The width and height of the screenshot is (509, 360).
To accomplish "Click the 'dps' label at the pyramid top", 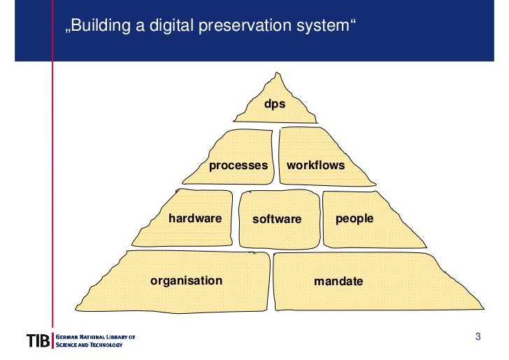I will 275,103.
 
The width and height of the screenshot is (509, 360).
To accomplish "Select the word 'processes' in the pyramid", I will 238,166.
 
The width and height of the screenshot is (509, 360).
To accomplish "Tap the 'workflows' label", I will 315,166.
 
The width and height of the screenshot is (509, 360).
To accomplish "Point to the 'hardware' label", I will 195,218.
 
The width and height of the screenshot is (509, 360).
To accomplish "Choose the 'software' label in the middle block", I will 277,219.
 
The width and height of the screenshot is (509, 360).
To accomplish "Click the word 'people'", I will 354,218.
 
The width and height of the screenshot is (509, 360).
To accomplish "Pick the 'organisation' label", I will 186,280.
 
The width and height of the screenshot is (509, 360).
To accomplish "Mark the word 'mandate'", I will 338,282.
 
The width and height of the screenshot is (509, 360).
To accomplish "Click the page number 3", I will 478,338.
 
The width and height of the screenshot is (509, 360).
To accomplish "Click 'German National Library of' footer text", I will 94,337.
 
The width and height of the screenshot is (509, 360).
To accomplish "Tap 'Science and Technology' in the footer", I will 89,345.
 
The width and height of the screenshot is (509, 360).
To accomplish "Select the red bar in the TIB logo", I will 52,341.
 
